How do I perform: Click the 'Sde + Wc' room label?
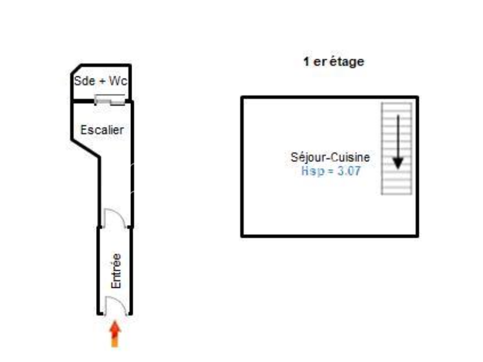(x=101, y=81)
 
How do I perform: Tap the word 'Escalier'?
(x=102, y=130)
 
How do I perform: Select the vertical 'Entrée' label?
(x=116, y=271)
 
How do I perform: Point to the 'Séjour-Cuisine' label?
(x=330, y=157)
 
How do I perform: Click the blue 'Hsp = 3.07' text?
(x=331, y=171)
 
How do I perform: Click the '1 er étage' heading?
(x=334, y=62)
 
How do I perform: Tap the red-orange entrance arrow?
(x=115, y=334)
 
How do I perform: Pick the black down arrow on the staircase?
(x=398, y=142)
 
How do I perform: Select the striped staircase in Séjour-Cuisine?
(x=397, y=149)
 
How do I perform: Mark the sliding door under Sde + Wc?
(x=110, y=100)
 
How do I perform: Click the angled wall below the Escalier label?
(x=86, y=148)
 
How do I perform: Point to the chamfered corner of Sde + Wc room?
(x=76, y=69)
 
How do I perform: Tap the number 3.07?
(x=349, y=171)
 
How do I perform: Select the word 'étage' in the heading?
(x=347, y=62)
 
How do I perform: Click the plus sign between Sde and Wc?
(x=103, y=82)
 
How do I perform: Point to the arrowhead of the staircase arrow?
(x=398, y=163)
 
